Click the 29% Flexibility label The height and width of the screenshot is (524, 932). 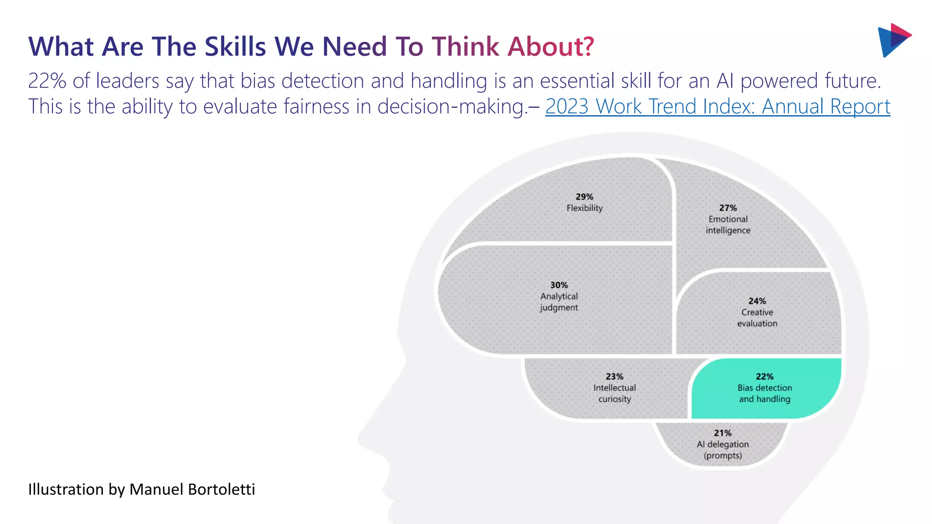(x=584, y=202)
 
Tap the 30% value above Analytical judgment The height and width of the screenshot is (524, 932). (x=559, y=285)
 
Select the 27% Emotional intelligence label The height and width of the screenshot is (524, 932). (x=728, y=219)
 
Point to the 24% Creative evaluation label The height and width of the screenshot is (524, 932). (x=757, y=312)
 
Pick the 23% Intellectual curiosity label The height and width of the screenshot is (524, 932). (x=614, y=388)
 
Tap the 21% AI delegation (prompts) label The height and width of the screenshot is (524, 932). (x=723, y=444)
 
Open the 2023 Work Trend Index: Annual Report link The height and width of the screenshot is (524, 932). (x=718, y=106)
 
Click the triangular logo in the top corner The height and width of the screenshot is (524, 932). (x=894, y=40)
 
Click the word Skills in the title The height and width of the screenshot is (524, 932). (x=235, y=46)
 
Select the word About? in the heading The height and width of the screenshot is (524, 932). (x=551, y=46)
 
